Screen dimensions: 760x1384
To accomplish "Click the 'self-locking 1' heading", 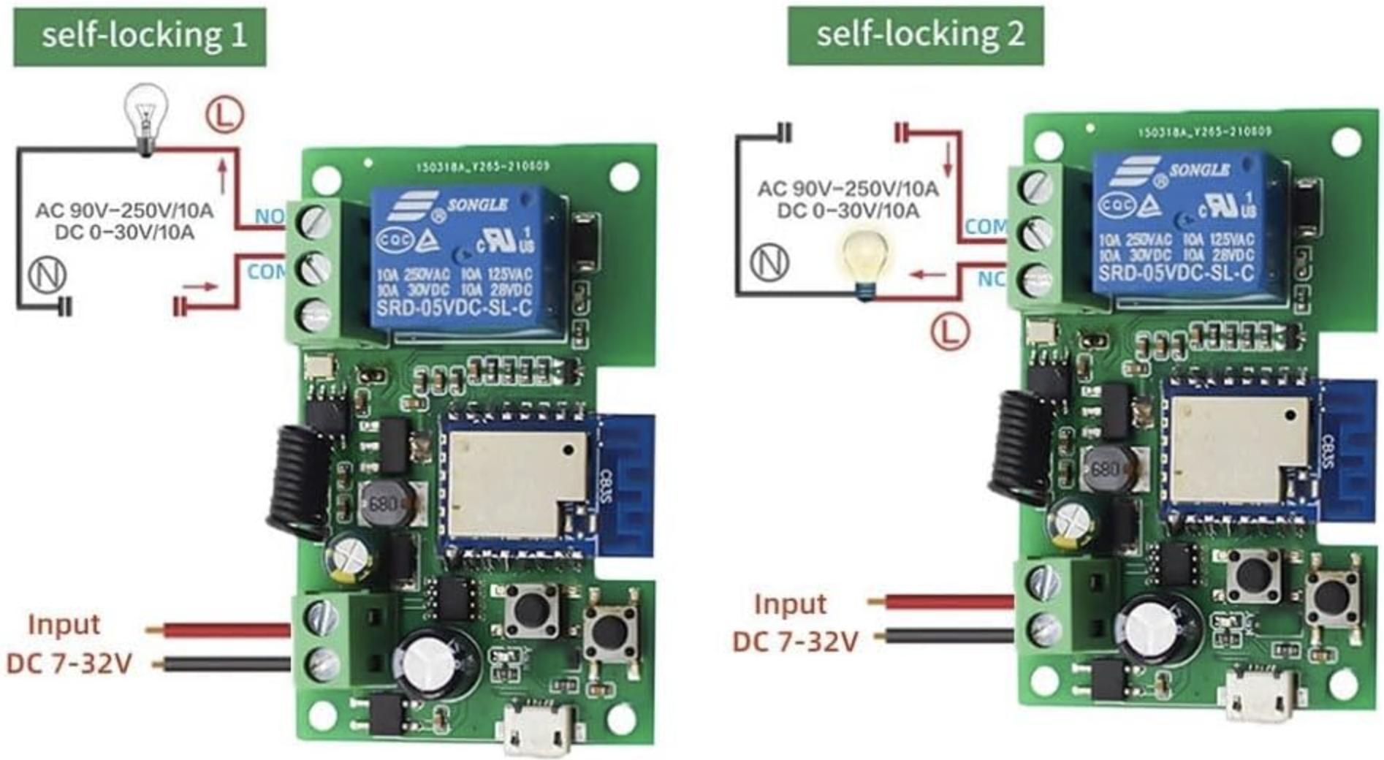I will coord(140,36).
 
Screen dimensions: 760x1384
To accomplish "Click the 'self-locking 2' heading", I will coord(915,34).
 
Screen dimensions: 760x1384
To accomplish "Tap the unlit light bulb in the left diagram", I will coord(146,117).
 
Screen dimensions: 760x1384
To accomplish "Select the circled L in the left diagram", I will coord(224,114).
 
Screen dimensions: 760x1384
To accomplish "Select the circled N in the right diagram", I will coord(769,261).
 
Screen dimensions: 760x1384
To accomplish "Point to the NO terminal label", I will coord(268,216).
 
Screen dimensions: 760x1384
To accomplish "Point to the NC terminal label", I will coord(991,279).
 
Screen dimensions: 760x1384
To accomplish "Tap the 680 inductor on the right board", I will coord(1106,468).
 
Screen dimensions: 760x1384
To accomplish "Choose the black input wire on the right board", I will coord(943,636).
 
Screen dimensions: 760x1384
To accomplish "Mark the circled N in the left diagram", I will coord(47,275).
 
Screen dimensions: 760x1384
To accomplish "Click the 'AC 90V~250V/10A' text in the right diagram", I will coord(847,189).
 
